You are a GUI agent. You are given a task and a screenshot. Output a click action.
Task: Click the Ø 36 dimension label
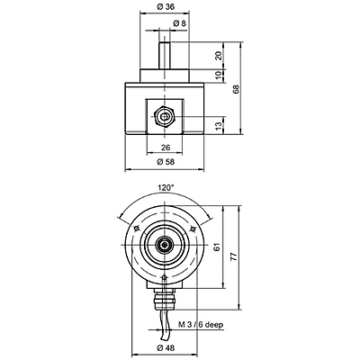[166, 6]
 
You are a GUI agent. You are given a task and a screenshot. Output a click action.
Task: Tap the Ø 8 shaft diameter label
[180, 22]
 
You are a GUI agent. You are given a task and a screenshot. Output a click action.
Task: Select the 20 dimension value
[219, 56]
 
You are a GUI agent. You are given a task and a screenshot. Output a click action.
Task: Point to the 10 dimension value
[219, 76]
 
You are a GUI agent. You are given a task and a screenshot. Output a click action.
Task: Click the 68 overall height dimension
[237, 89]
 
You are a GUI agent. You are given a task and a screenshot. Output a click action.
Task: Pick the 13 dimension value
[219, 126]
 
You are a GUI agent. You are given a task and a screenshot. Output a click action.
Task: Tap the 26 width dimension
[166, 148]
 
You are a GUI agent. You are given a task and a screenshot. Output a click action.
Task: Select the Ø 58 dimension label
[166, 162]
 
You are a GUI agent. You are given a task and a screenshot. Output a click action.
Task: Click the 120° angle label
[166, 188]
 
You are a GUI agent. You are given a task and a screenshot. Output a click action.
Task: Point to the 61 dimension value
[218, 247]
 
